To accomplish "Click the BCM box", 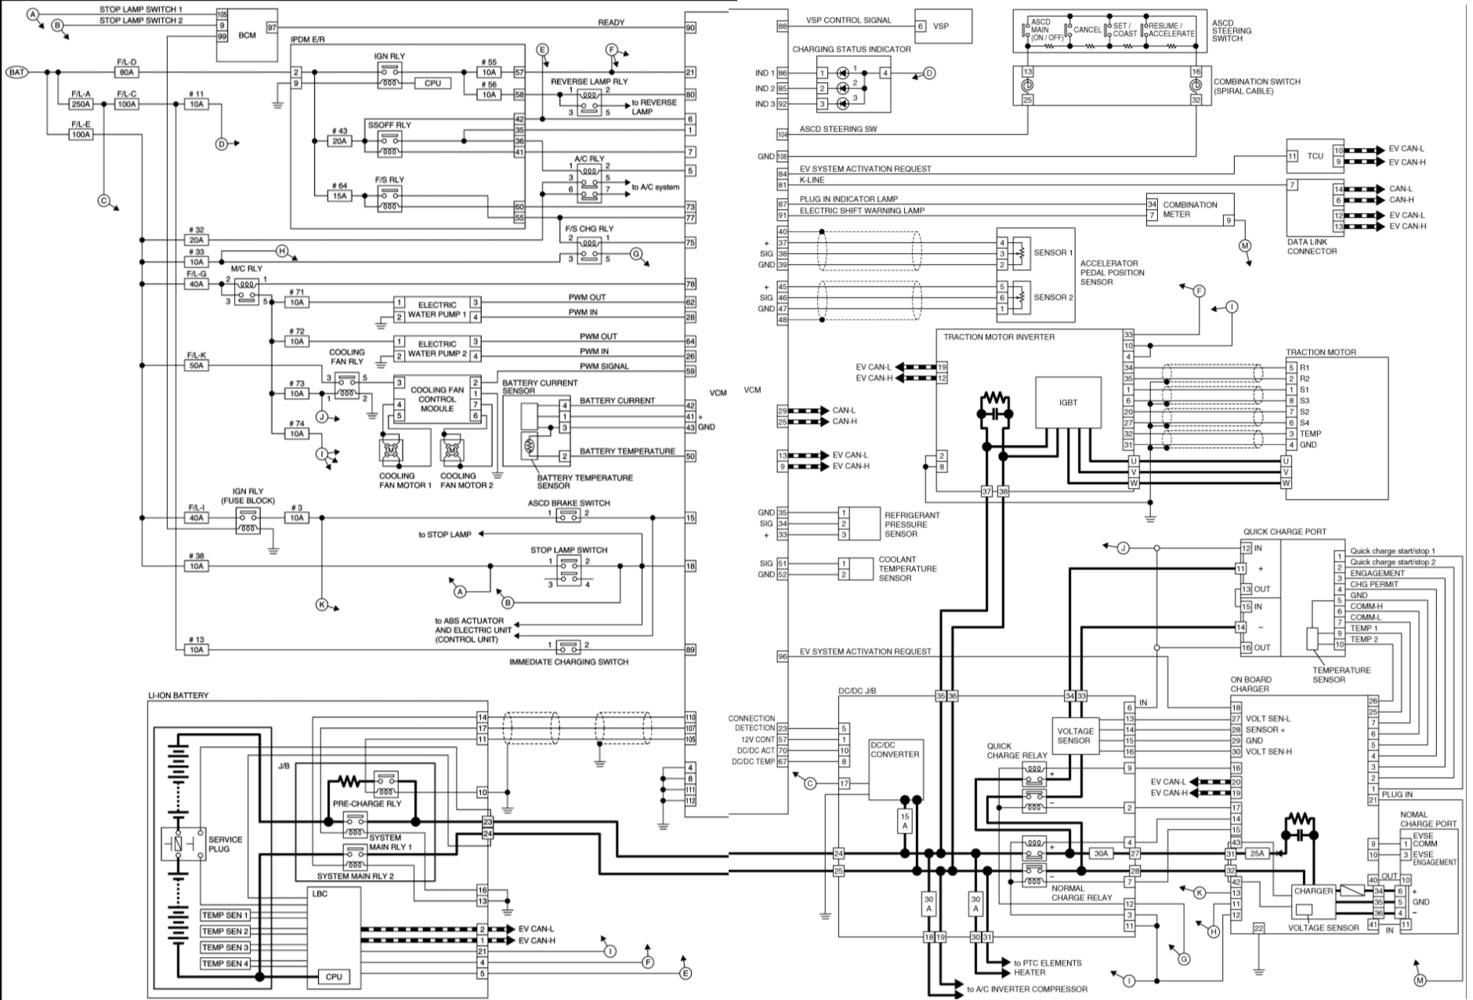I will pyautogui.click(x=247, y=35).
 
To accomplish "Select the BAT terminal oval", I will pyautogui.click(x=17, y=72).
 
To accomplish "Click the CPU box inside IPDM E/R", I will pyautogui.click(x=432, y=83).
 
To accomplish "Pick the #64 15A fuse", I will pyautogui.click(x=339, y=196).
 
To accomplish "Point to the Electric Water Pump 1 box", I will pyautogui.click(x=436, y=310).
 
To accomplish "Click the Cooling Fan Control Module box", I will pyautogui.click(x=436, y=399).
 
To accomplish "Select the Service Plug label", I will pyautogui.click(x=225, y=844).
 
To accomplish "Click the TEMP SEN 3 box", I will pyautogui.click(x=225, y=947).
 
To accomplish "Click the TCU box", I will pyautogui.click(x=1315, y=156).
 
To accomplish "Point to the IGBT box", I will pyautogui.click(x=1068, y=402).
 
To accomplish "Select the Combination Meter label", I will pyautogui.click(x=1189, y=209).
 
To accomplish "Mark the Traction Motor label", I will pyautogui.click(x=1320, y=353).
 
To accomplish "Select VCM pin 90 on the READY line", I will pyautogui.click(x=690, y=28).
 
